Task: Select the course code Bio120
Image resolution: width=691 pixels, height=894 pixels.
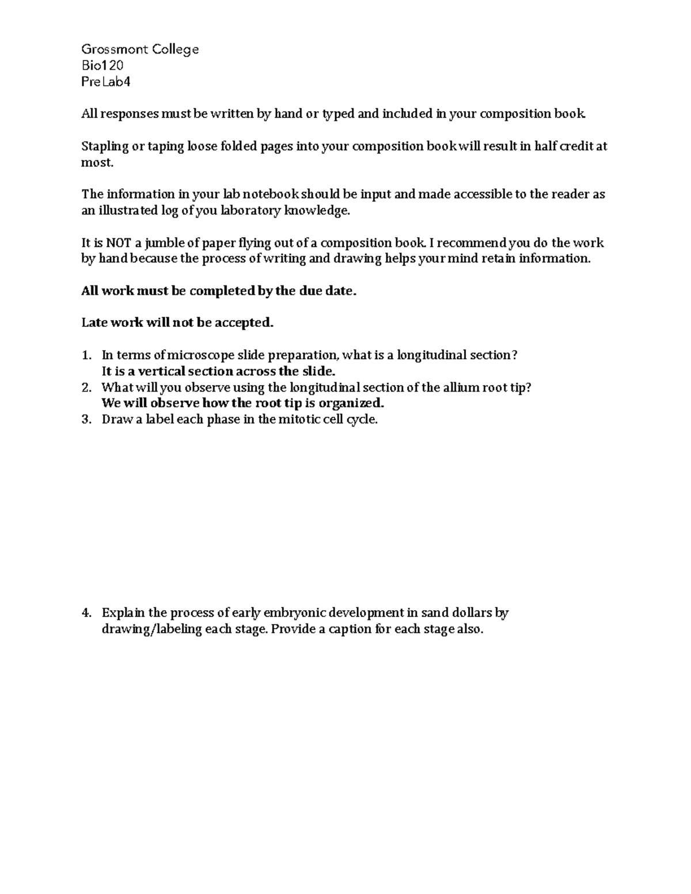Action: pyautogui.click(x=102, y=66)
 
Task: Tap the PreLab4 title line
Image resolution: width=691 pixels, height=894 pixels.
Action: pyautogui.click(x=106, y=82)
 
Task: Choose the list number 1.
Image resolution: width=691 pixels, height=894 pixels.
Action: pyautogui.click(x=86, y=355)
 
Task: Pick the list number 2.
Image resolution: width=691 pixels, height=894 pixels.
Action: pyautogui.click(x=86, y=387)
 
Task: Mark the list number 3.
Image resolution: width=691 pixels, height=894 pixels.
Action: pyautogui.click(x=86, y=420)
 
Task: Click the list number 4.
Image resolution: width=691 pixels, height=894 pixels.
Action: pyautogui.click(x=86, y=613)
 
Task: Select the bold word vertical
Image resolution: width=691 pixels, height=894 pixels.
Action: pyautogui.click(x=158, y=371)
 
